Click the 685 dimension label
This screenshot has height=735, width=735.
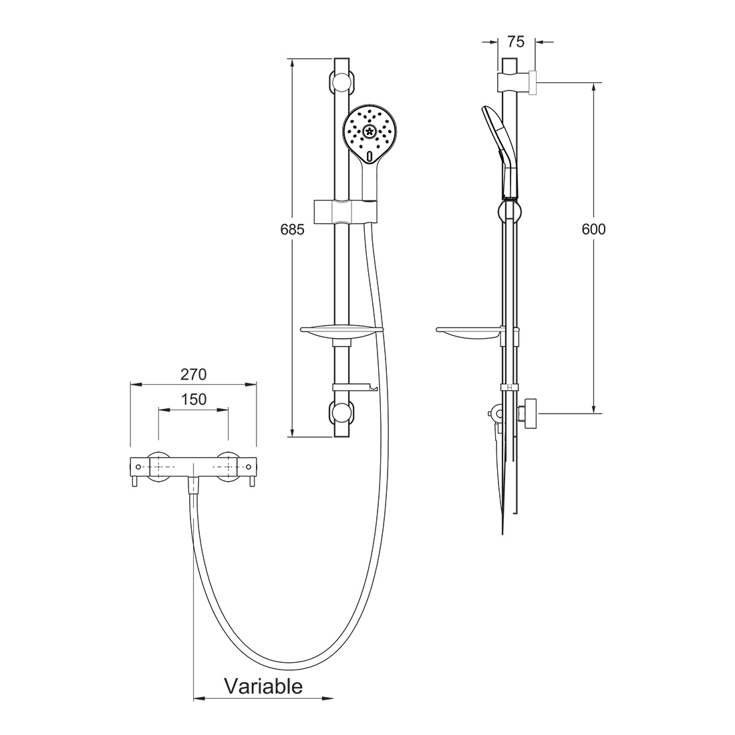292,230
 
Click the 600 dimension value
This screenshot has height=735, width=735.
593,229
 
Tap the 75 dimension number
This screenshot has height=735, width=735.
516,41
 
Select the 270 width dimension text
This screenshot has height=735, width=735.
194,375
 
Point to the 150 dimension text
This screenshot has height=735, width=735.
194,400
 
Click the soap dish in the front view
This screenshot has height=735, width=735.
341,333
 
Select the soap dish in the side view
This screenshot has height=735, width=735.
469,333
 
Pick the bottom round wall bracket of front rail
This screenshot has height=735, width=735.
341,412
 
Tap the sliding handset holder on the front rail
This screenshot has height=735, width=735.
345,211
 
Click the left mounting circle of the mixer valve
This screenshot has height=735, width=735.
159,467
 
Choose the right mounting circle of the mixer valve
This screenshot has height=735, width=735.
229,467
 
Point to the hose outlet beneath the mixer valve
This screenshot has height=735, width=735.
194,485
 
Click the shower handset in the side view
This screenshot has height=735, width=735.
500,150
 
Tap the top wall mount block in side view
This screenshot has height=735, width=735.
517,82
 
